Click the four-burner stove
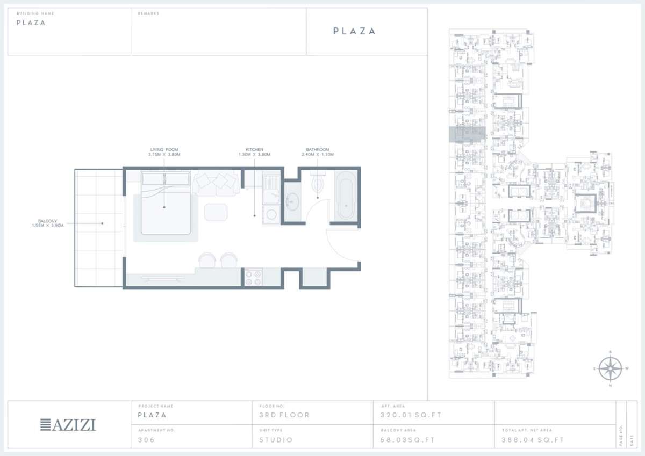(254, 277)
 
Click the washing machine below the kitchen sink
(272, 214)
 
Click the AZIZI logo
(68, 425)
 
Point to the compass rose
(610, 368)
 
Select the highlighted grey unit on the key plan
(467, 134)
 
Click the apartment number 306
(146, 440)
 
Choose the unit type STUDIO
(276, 440)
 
